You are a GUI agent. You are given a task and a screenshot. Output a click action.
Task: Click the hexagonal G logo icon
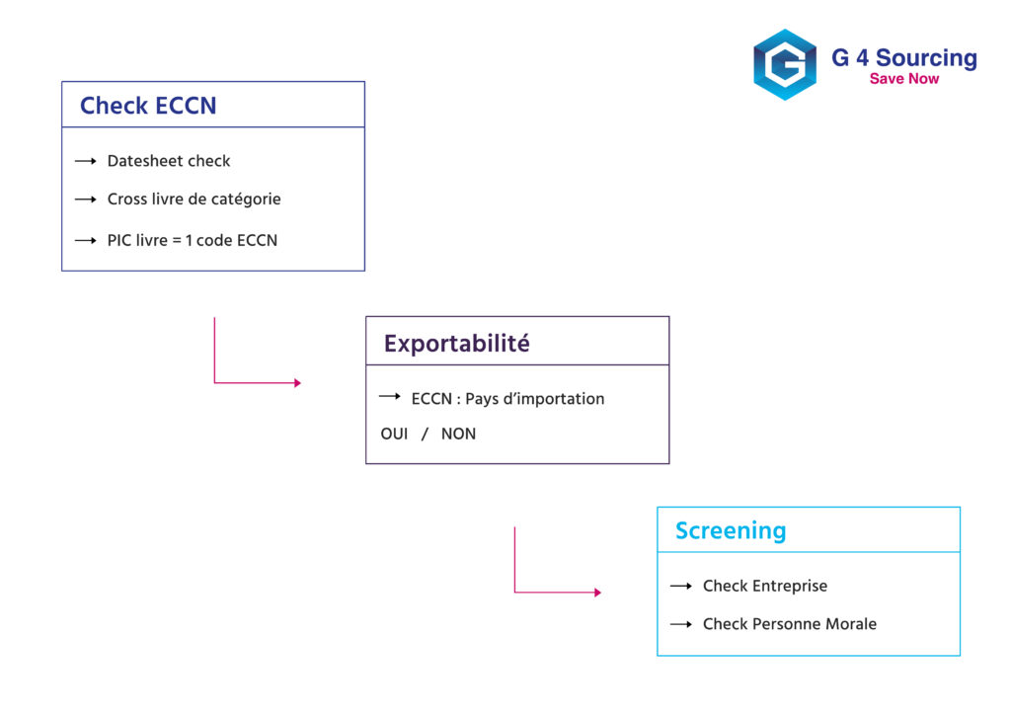785,64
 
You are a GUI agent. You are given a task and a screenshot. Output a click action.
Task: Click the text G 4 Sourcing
903,57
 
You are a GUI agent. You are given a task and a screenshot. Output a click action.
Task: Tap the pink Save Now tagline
903,79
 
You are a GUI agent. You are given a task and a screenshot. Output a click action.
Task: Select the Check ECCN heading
148,106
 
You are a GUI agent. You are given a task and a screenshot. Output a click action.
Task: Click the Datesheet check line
169,161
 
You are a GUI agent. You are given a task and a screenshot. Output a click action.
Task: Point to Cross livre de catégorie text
194,199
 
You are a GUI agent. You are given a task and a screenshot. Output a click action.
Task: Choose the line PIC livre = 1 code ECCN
192,240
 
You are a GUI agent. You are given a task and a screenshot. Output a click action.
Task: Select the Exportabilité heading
456,344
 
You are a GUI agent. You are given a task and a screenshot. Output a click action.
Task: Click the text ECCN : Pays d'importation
507,399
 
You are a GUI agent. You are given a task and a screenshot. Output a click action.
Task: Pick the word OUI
394,434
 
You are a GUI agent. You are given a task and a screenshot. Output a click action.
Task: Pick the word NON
458,434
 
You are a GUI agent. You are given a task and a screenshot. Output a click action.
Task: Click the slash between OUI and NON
425,434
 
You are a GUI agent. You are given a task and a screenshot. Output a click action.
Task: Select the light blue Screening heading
731,530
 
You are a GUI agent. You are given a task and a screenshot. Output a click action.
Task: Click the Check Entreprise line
764,586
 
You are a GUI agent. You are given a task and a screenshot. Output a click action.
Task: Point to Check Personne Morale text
789,624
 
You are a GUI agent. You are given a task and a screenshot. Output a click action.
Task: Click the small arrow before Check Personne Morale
680,624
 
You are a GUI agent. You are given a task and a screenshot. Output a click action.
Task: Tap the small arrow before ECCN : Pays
389,396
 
